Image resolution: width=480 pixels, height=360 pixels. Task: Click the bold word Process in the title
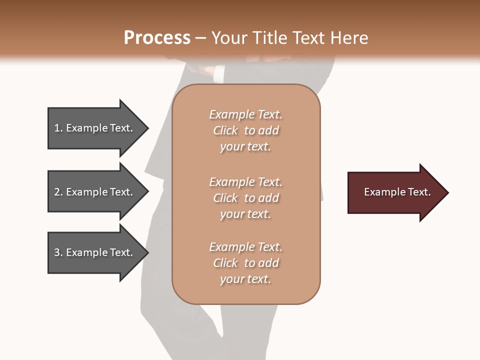[157, 38]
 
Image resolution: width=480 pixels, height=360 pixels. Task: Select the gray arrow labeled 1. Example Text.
[95, 128]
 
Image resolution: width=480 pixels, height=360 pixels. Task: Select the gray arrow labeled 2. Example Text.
[95, 192]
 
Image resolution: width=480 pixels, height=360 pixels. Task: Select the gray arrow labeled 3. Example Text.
[95, 252]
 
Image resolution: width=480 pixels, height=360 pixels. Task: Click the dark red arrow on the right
[395, 192]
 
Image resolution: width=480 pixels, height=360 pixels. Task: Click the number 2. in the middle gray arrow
[58, 192]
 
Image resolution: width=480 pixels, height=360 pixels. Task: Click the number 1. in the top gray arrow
[58, 128]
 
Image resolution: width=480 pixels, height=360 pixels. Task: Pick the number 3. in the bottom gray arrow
[58, 252]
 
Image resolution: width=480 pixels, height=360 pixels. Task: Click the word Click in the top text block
[225, 131]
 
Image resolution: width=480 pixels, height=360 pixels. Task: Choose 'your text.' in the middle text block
[245, 214]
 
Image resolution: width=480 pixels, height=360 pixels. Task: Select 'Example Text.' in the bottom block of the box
[245, 247]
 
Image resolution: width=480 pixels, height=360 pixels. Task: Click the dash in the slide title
[201, 38]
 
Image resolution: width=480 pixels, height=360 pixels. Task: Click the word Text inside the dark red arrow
[418, 192]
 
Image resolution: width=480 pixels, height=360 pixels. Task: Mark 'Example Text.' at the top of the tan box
[245, 114]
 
